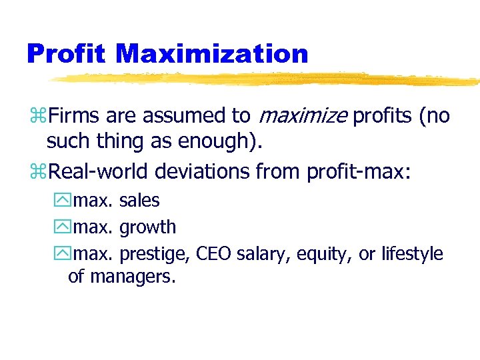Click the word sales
tap(139, 200)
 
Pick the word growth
tap(147, 227)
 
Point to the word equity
tap(320, 255)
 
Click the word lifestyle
tap(412, 254)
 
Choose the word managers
tap(133, 276)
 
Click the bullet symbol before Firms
tap(37, 117)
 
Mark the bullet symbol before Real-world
tap(37, 173)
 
